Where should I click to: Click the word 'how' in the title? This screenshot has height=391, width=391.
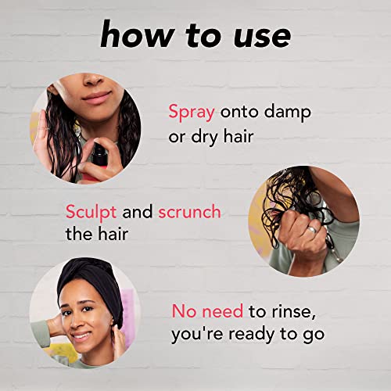click(x=138, y=34)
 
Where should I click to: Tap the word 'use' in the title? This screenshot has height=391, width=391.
click(x=262, y=38)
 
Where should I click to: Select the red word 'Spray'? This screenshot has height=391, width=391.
click(x=192, y=113)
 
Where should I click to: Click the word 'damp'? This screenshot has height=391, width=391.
click(x=288, y=113)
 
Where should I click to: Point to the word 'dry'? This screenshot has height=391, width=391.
click(x=204, y=137)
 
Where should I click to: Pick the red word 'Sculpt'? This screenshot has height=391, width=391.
click(x=91, y=212)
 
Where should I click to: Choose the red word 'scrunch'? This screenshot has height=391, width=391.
click(x=190, y=211)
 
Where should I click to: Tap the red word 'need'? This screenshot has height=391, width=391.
click(x=223, y=311)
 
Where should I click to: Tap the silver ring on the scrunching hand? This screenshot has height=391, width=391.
click(x=312, y=230)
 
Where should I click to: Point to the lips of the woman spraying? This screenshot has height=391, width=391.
click(x=96, y=98)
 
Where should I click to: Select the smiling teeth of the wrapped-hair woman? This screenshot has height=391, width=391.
click(x=81, y=335)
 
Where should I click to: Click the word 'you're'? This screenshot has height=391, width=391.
click(x=197, y=335)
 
